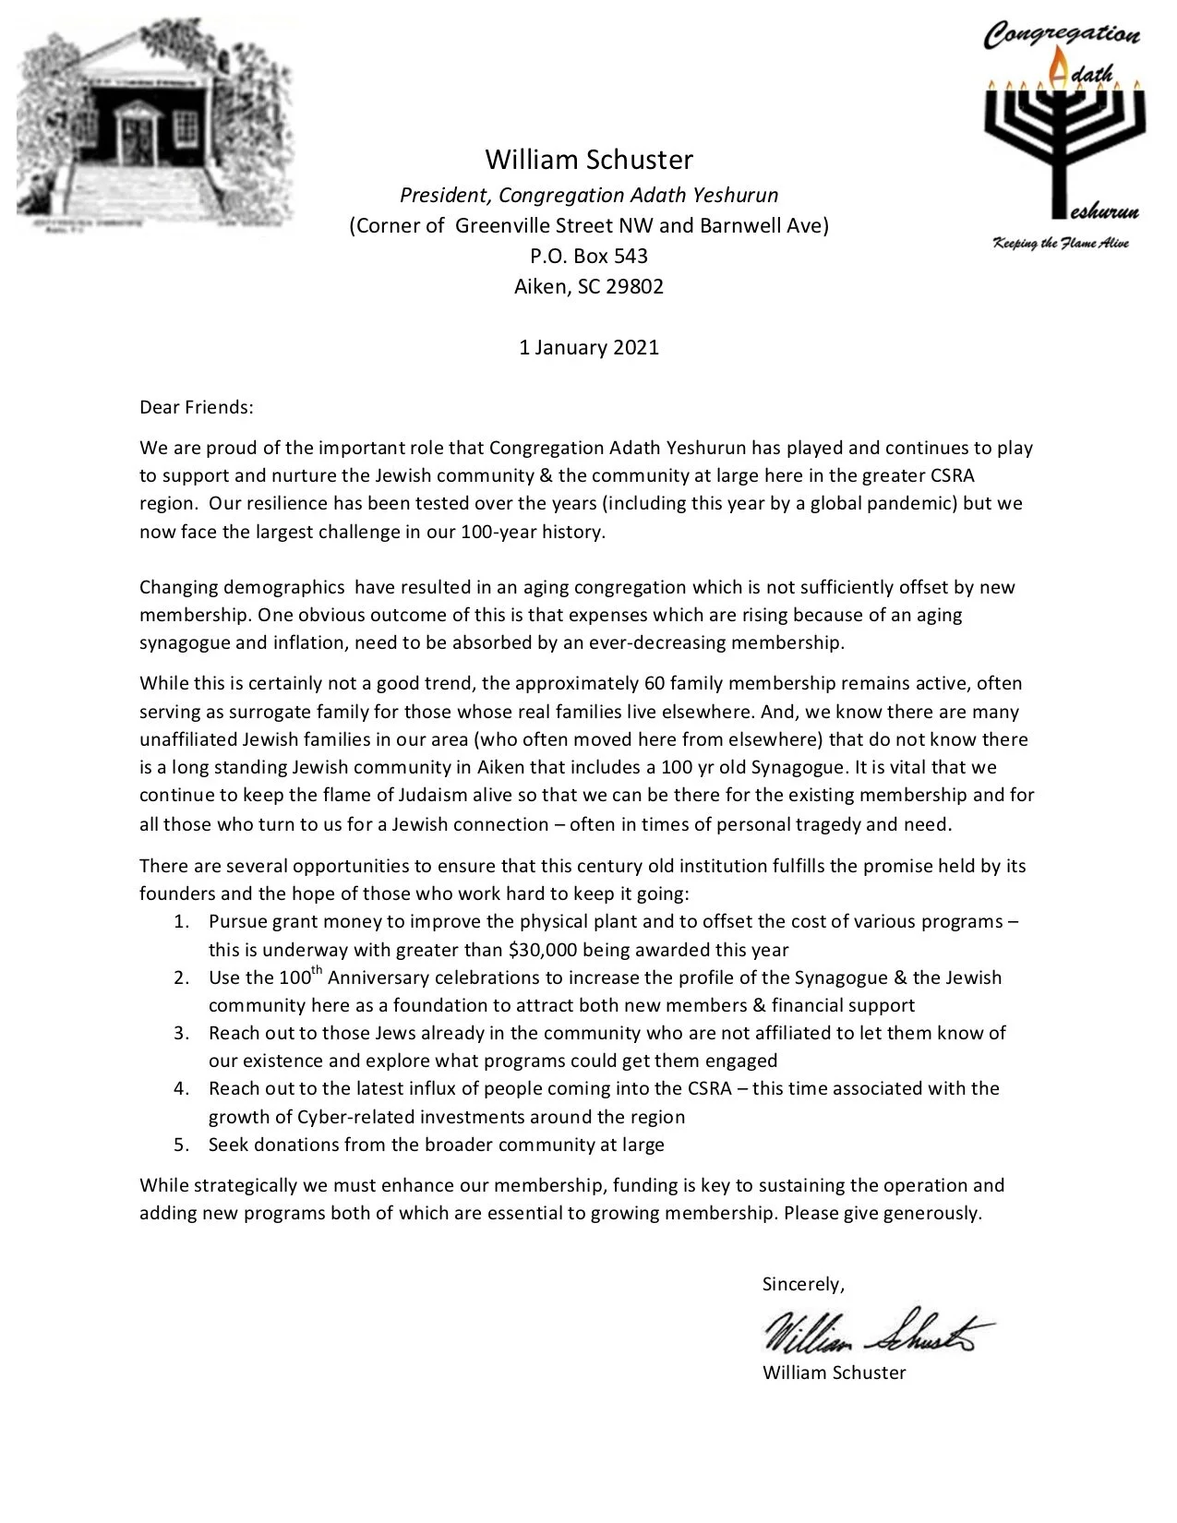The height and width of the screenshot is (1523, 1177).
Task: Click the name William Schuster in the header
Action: (588, 160)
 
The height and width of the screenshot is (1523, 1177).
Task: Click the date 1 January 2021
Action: (588, 347)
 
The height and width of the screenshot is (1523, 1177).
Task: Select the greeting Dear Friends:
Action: (196, 407)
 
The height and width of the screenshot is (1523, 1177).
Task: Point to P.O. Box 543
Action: (588, 256)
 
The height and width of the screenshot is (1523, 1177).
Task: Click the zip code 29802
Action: (634, 286)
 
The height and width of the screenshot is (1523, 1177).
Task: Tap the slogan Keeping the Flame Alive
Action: (1061, 244)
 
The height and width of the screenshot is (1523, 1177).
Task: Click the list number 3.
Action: (181, 1033)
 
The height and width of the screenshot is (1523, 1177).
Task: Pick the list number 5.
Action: (181, 1145)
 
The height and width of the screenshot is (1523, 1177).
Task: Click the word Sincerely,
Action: (803, 1284)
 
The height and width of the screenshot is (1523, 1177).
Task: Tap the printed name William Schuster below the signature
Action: (834, 1373)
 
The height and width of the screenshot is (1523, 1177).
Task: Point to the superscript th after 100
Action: (316, 970)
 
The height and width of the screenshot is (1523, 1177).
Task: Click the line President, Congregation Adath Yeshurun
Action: (588, 196)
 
